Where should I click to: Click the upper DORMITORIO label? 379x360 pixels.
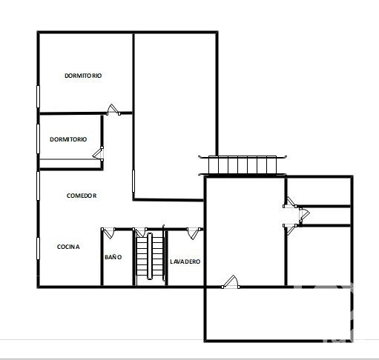(83, 76)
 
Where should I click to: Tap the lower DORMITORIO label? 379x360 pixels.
(68, 139)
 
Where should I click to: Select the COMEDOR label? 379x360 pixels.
(82, 196)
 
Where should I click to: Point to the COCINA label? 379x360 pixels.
(68, 247)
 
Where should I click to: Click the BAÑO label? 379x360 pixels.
(113, 257)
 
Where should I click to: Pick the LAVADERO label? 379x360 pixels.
(185, 261)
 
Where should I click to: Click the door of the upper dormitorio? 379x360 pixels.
(113, 110)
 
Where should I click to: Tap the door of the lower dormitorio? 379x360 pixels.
(98, 153)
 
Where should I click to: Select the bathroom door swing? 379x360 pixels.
(108, 233)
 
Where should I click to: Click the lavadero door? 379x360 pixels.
(194, 233)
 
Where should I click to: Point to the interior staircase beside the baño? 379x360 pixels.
(150, 256)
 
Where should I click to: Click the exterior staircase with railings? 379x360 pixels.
(243, 165)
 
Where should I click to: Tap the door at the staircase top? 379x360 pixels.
(139, 233)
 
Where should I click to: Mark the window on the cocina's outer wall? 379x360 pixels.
(38, 248)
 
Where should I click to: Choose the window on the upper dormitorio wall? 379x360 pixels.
(38, 97)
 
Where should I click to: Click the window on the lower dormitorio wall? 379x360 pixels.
(38, 139)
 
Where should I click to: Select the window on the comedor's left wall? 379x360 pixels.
(38, 186)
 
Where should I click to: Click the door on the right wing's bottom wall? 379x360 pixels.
(231, 282)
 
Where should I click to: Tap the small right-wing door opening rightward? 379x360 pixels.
(304, 214)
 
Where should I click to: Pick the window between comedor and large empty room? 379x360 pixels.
(134, 181)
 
